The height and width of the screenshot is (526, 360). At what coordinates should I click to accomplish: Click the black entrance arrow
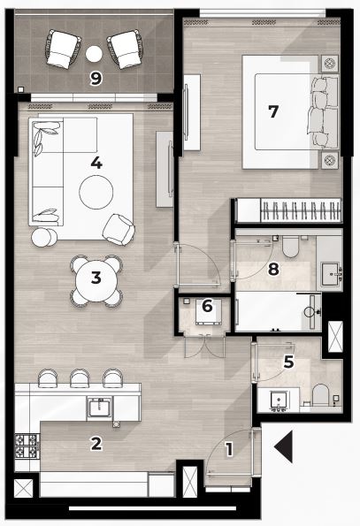[285, 446]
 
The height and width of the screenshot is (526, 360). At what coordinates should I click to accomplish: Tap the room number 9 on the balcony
[96, 79]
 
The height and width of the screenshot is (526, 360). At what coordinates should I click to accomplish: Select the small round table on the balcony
[94, 54]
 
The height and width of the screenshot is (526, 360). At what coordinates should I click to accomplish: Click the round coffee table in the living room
[96, 192]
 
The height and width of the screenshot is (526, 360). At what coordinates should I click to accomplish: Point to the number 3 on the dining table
[96, 278]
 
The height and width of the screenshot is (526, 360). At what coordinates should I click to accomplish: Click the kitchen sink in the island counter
[99, 406]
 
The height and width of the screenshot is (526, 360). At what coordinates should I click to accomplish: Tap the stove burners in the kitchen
[27, 446]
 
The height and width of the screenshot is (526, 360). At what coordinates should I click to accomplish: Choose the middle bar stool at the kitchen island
[80, 378]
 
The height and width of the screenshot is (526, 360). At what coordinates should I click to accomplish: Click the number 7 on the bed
[273, 111]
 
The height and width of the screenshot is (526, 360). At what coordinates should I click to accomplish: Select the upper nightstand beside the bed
[329, 63]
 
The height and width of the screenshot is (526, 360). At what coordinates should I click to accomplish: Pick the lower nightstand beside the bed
[329, 160]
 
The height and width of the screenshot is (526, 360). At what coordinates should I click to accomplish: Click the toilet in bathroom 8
[290, 247]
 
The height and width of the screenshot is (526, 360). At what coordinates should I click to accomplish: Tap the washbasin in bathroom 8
[331, 274]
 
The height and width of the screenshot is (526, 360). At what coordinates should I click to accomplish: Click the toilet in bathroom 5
[320, 395]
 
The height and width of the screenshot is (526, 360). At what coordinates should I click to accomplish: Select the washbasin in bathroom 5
[279, 400]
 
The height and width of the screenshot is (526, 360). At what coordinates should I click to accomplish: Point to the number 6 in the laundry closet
[207, 306]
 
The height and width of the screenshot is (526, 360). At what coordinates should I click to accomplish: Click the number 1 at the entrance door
[229, 449]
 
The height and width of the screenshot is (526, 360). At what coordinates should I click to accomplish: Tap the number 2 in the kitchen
[96, 444]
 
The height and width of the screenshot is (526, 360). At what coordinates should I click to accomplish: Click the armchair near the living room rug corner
[119, 230]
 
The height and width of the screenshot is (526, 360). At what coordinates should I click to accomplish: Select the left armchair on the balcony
[63, 49]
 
